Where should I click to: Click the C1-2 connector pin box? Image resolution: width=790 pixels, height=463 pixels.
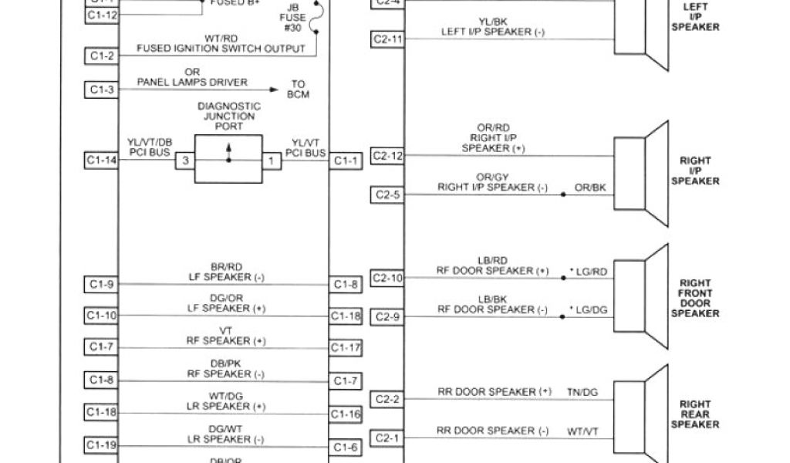(102, 56)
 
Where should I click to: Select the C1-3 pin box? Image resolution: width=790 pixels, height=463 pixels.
(102, 90)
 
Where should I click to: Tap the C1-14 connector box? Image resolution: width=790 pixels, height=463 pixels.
(102, 161)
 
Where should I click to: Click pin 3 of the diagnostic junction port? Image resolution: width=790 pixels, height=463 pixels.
(185, 161)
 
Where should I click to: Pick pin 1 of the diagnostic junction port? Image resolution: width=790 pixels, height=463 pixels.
(271, 161)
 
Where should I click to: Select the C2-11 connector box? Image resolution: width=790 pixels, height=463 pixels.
(387, 39)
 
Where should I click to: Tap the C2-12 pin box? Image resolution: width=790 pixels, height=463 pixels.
(387, 155)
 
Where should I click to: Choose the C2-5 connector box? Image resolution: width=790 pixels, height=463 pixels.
(387, 194)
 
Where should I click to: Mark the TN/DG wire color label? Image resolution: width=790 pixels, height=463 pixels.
(582, 392)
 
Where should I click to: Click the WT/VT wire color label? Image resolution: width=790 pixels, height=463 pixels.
(582, 431)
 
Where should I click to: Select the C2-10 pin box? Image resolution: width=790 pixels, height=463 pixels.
(387, 278)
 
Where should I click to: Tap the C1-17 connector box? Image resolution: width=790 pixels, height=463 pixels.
(346, 348)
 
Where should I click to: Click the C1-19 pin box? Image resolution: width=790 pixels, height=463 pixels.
(102, 445)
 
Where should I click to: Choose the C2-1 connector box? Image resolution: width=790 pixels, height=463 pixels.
(387, 438)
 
